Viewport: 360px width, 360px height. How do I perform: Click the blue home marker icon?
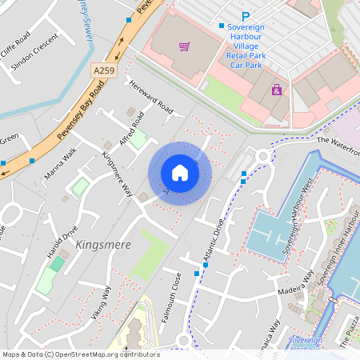(180, 173)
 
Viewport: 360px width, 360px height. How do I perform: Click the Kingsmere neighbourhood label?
(102, 244)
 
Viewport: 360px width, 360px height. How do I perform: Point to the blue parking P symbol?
(246, 16)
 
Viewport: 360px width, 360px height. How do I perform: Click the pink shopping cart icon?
(185, 46)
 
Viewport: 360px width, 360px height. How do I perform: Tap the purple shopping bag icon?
(277, 90)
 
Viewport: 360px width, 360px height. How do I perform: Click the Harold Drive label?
(62, 242)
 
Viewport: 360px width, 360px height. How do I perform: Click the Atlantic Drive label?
(210, 245)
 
